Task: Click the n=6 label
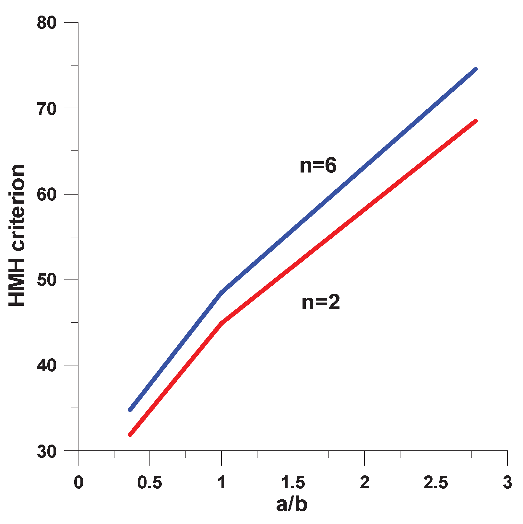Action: click(x=318, y=166)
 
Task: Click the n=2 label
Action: click(x=321, y=303)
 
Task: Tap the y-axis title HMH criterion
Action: click(x=17, y=235)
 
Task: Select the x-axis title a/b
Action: click(x=291, y=504)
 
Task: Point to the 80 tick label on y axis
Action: click(x=46, y=23)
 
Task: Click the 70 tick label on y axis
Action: click(x=46, y=109)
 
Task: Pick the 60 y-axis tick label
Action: click(x=46, y=195)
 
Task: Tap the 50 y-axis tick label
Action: click(x=46, y=280)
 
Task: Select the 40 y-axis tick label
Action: click(x=46, y=365)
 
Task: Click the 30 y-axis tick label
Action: click(x=46, y=451)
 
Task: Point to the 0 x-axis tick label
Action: click(x=78, y=482)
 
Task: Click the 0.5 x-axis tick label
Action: click(x=149, y=482)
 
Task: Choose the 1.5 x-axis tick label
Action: click(x=293, y=482)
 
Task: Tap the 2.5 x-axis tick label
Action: click(x=436, y=482)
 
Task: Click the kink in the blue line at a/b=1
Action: click(x=221, y=292)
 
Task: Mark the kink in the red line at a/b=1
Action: click(x=221, y=323)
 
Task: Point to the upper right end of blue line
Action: click(x=476, y=69)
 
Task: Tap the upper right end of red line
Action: click(x=476, y=121)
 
